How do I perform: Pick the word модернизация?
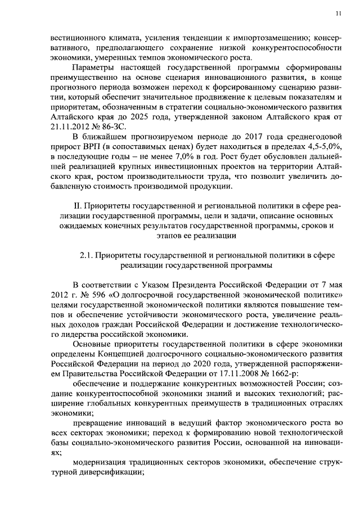[x=98, y=462]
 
